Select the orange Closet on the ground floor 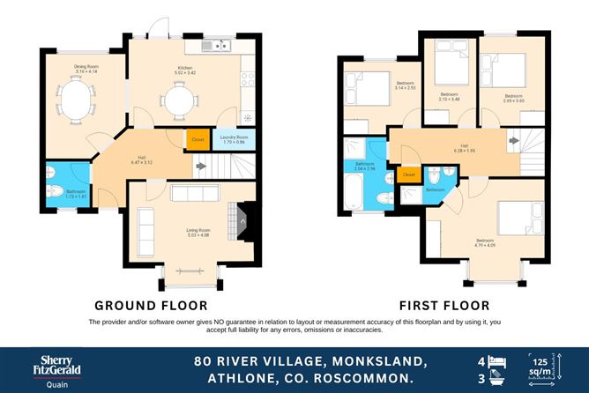(x=197, y=138)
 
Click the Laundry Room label (x=233, y=138)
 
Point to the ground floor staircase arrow (x=200, y=165)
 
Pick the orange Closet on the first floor (x=408, y=174)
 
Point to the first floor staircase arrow (x=513, y=140)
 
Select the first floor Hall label (x=464, y=146)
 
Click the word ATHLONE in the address (x=235, y=378)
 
